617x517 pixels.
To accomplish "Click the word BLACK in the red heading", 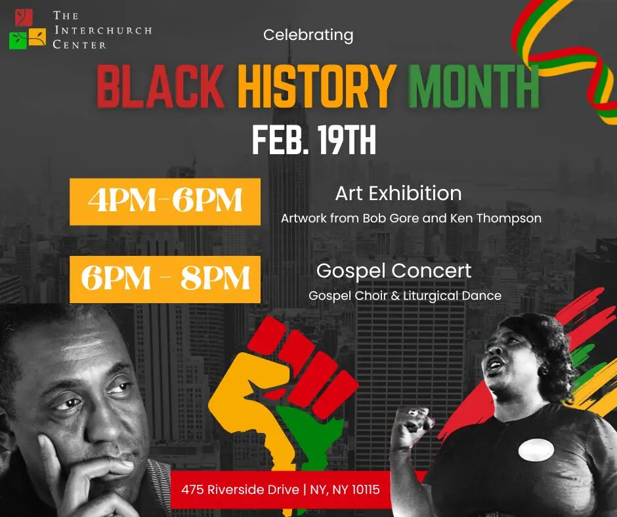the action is pyautogui.click(x=161, y=86).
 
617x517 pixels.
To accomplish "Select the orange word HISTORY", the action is pyautogui.click(x=317, y=86).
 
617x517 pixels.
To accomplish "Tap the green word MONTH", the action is pyautogui.click(x=474, y=86).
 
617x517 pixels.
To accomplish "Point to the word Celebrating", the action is pyautogui.click(x=308, y=35).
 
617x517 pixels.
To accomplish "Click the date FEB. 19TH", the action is pyautogui.click(x=314, y=140).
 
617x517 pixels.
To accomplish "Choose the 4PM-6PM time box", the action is pyautogui.click(x=165, y=202).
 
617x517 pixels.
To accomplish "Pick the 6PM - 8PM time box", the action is pyautogui.click(x=165, y=279).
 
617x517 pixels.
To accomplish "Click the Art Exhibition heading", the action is pyautogui.click(x=398, y=193).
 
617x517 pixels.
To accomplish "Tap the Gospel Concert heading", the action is pyautogui.click(x=394, y=271).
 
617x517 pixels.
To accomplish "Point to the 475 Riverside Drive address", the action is pyautogui.click(x=240, y=490).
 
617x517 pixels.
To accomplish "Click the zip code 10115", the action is pyautogui.click(x=366, y=490).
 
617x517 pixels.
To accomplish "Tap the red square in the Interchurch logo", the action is pyautogui.click(x=24, y=17).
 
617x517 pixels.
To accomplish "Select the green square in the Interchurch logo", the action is pyautogui.click(x=18, y=40).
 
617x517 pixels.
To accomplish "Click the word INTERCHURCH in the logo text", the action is pyautogui.click(x=103, y=30).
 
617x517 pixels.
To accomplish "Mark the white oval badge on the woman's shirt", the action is pyautogui.click(x=536, y=450).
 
